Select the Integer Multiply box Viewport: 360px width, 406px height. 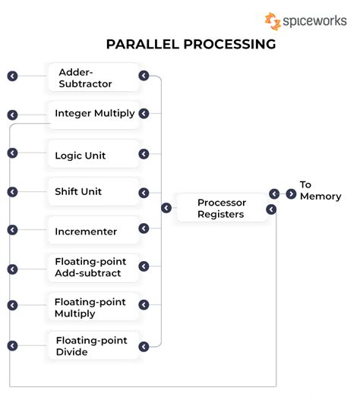point(94,114)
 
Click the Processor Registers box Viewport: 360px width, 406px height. point(221,208)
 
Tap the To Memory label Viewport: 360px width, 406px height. point(320,190)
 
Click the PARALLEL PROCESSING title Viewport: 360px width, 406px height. point(180,44)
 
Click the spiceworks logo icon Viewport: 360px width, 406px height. point(272,21)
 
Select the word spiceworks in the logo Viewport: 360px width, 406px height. point(315,22)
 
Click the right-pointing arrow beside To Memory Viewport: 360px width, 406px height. point(291,194)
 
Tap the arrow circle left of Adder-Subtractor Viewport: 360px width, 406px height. point(12,76)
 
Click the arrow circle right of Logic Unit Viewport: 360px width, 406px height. point(144,154)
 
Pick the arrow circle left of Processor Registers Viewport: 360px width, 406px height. point(166,208)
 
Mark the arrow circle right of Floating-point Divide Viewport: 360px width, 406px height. point(144,346)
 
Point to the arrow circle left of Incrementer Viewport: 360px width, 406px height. point(12,230)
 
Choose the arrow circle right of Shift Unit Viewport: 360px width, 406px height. point(144,191)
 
